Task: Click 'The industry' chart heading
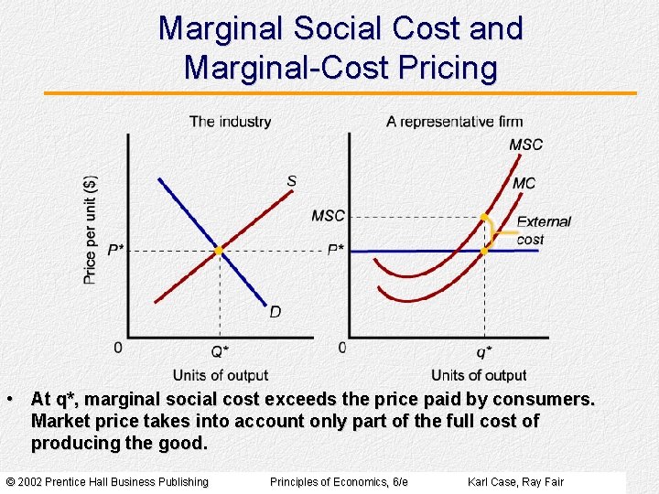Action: [x=230, y=122]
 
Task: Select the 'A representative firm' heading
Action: [x=454, y=122]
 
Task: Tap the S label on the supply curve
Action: [x=291, y=181]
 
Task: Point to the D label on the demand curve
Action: [x=275, y=313]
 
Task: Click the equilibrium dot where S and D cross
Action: [x=219, y=250]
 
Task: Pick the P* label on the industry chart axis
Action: [x=115, y=251]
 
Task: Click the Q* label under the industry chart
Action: [x=220, y=352]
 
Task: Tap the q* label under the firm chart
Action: [x=483, y=352]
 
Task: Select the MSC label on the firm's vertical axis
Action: [x=328, y=216]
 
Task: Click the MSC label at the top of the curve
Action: [x=525, y=145]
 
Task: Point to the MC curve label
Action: [x=524, y=184]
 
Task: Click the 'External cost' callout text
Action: [x=543, y=231]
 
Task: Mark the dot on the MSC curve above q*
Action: [x=484, y=217]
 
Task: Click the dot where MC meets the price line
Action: [x=484, y=250]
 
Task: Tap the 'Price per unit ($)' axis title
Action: [x=91, y=229]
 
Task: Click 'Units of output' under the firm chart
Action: [x=478, y=375]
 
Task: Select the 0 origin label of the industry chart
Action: [x=117, y=348]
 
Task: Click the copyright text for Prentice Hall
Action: [x=107, y=482]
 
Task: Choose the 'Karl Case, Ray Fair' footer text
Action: [x=515, y=482]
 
